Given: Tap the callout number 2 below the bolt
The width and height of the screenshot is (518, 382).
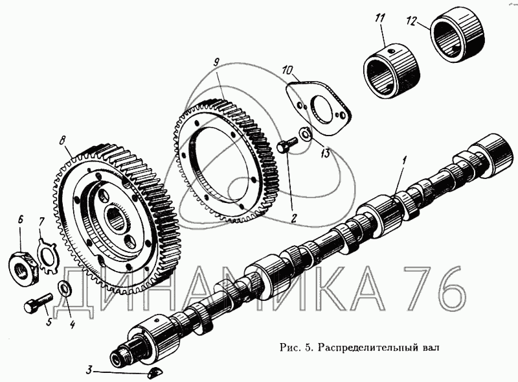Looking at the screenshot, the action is (293, 218).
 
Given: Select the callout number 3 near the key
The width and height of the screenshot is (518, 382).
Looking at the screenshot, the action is (89, 370).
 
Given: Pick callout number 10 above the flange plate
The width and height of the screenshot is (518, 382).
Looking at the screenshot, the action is (287, 71).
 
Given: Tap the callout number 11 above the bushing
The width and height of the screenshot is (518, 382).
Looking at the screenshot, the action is (380, 18).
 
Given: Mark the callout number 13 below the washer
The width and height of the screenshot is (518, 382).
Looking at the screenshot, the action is (326, 154).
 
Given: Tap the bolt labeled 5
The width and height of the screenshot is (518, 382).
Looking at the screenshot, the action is (38, 301).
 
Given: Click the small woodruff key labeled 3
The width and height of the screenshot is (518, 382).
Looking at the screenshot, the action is (155, 372).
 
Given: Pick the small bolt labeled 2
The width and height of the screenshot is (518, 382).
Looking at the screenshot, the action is (286, 145).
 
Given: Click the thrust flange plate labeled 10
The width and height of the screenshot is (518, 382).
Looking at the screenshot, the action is (319, 105).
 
